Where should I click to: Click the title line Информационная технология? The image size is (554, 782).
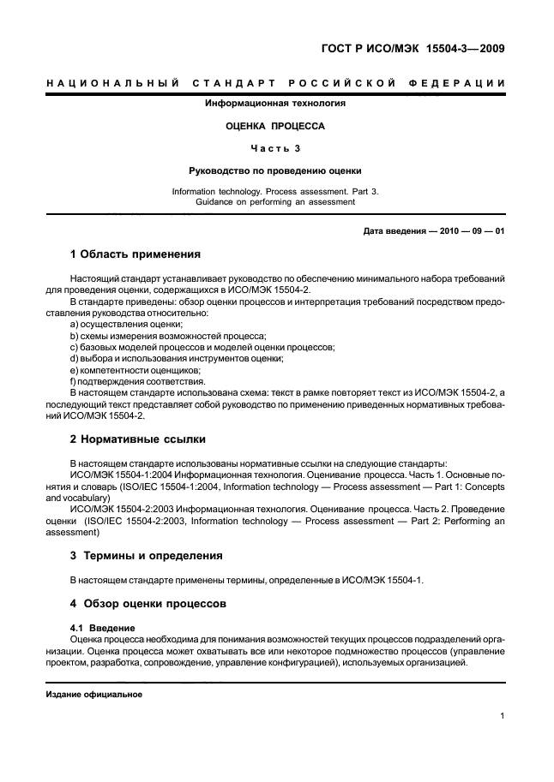[x=274, y=104]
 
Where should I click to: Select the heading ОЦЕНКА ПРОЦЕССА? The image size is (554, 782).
[x=274, y=125]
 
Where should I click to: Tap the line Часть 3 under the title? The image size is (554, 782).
[x=275, y=147]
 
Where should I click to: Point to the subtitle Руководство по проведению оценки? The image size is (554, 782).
[x=274, y=170]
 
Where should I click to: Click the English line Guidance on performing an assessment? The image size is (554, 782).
[x=274, y=202]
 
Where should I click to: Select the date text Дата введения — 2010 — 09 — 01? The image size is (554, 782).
[x=433, y=231]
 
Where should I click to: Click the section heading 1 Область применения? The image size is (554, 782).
[x=135, y=254]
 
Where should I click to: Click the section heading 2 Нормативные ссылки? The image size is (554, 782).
[x=137, y=439]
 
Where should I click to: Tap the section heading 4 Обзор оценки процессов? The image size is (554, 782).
[x=148, y=603]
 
